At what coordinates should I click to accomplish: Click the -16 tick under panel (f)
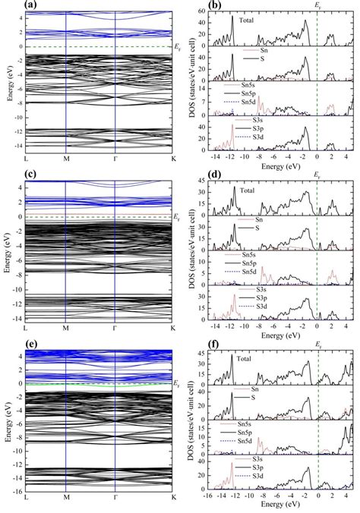210,498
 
